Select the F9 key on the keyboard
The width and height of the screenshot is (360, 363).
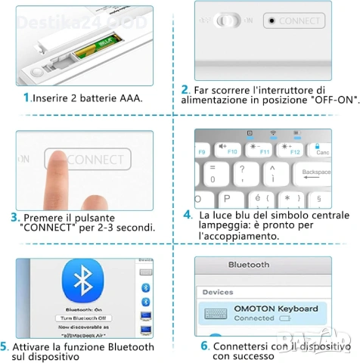coord(202,151)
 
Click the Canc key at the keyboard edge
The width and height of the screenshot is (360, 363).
coord(345,151)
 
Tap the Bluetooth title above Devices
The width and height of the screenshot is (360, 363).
coord(249,265)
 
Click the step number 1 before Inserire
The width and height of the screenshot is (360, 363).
coord(26,98)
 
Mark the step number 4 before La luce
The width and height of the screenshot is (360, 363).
coord(188,216)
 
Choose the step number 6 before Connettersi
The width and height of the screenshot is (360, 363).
coord(204,346)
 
